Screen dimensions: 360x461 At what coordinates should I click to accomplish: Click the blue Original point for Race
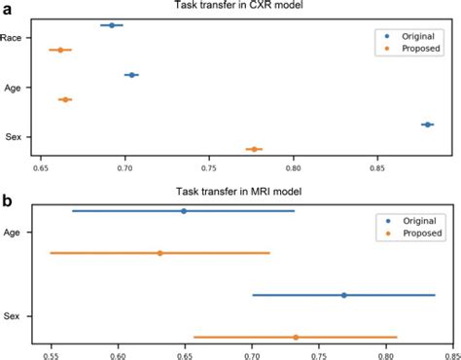[112, 25]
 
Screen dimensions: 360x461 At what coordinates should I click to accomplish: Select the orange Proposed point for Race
[60, 50]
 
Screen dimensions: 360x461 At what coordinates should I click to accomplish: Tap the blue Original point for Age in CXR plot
[130, 75]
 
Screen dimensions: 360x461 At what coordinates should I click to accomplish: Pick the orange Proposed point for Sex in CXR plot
[254, 149]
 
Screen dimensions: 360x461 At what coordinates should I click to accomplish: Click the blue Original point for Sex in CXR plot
[426, 125]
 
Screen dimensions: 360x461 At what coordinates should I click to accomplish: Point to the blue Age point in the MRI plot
[183, 210]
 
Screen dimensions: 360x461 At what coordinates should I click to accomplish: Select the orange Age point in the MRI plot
[160, 253]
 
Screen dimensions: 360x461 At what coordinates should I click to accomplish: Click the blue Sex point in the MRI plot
[343, 295]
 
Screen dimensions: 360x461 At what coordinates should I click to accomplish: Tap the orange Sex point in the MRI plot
[296, 337]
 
